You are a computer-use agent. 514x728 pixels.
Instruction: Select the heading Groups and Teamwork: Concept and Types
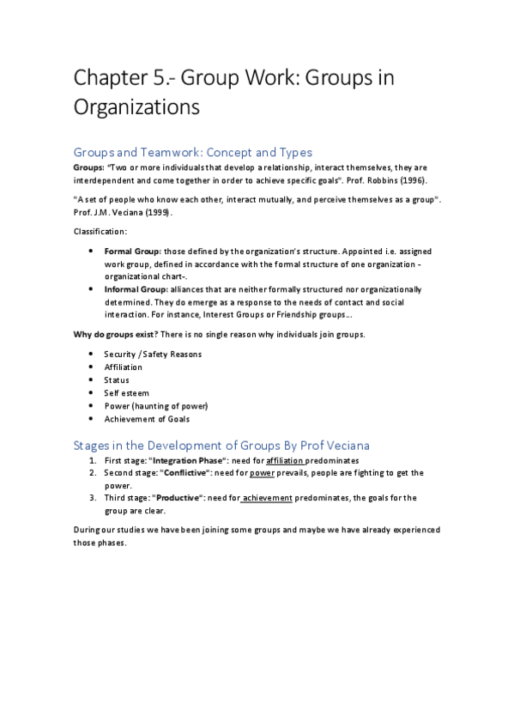(x=192, y=153)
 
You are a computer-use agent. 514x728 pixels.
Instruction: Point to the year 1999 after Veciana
(x=154, y=211)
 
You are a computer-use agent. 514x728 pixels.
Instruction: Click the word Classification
(x=100, y=231)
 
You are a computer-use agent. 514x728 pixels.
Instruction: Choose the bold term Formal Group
(x=132, y=251)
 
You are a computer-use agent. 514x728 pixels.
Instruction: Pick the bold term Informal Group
(x=136, y=290)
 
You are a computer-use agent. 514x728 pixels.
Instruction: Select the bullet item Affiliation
(x=124, y=367)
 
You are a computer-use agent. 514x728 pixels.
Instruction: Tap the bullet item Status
(x=117, y=379)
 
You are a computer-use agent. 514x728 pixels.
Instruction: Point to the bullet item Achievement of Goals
(x=148, y=418)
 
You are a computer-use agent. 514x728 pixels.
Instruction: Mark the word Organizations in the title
(x=136, y=107)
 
